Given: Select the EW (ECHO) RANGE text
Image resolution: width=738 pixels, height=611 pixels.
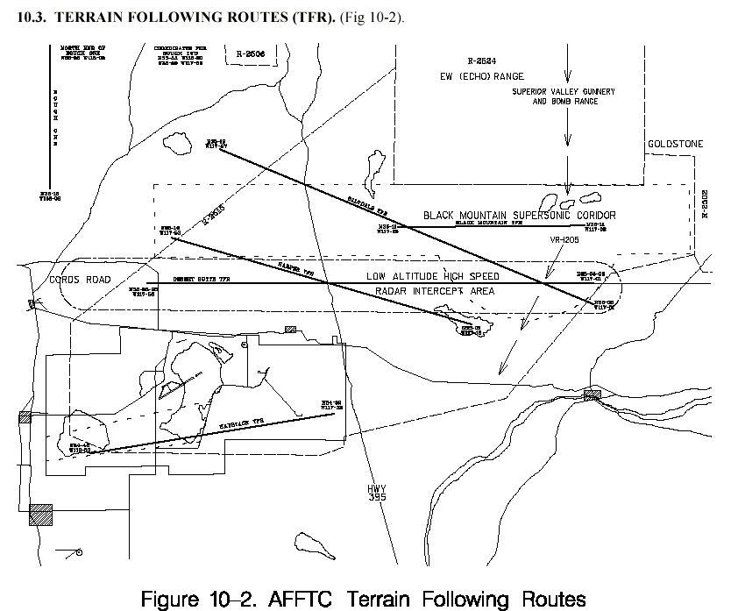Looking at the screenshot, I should tap(482, 76).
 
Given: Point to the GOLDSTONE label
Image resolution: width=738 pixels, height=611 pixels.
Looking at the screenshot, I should tap(675, 144).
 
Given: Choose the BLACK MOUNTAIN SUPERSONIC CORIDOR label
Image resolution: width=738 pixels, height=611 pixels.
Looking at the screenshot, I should tap(519, 215).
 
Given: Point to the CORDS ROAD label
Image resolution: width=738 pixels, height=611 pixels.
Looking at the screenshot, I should tap(81, 280).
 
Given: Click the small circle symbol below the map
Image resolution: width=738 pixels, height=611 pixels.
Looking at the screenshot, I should tap(80, 552).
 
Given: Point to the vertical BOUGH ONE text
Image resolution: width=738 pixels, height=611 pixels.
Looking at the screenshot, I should tap(55, 119).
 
